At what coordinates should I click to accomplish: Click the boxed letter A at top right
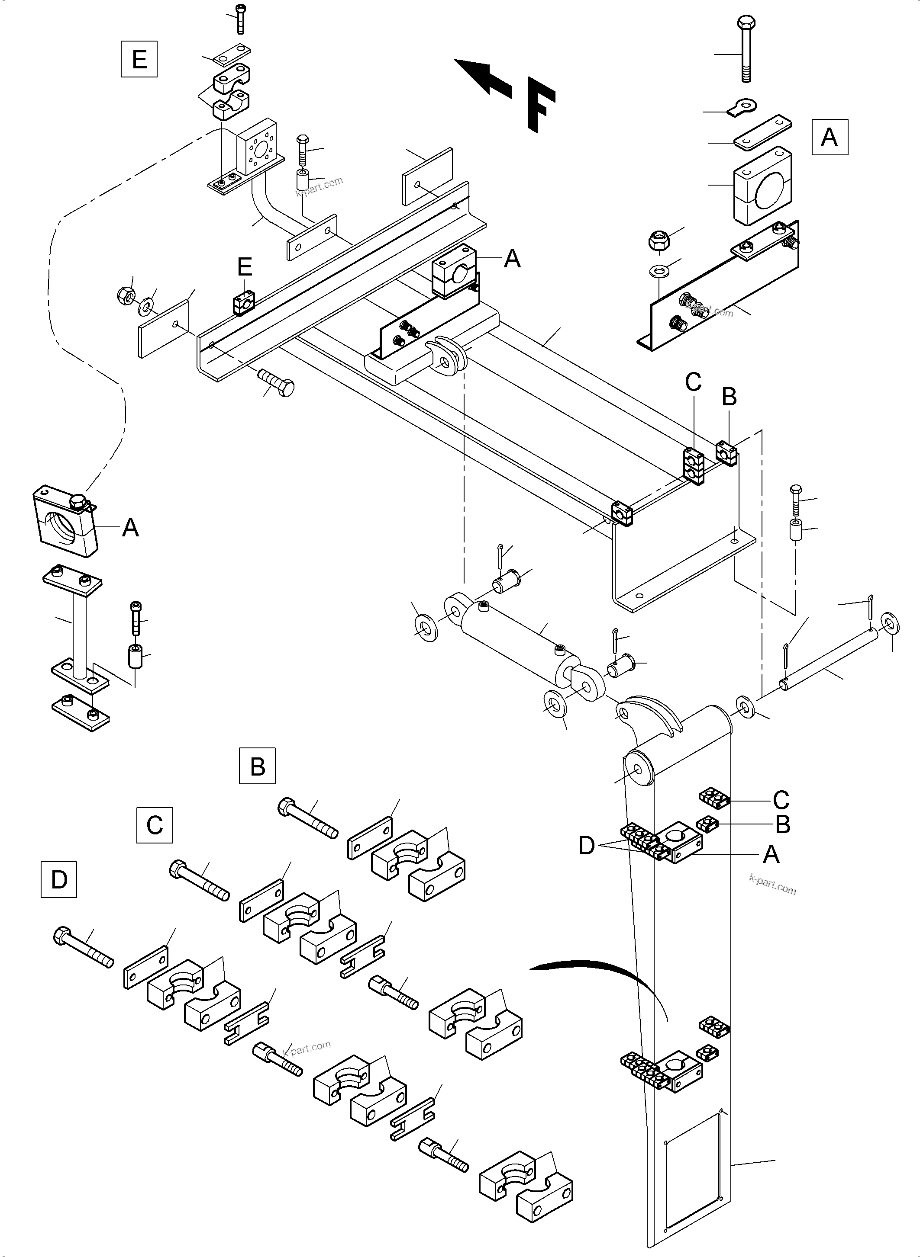[x=829, y=136]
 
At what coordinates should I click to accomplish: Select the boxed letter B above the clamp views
[x=257, y=766]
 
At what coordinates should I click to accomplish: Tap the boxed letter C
[x=154, y=824]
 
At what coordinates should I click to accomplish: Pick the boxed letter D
[x=58, y=879]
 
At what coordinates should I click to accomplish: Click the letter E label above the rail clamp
[x=245, y=267]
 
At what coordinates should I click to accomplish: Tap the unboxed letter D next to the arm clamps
[x=586, y=846]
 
